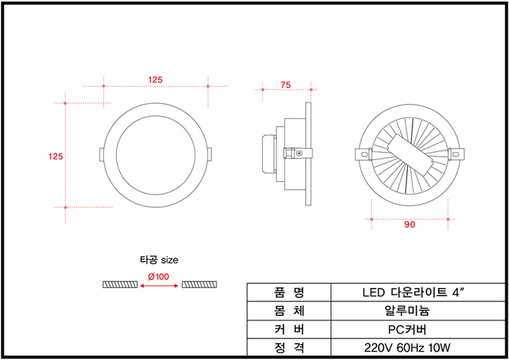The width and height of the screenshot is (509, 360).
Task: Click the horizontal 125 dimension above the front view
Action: pos(155,80)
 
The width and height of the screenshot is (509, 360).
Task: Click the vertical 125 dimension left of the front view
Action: pos(55,156)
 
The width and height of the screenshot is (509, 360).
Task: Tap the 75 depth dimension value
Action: pos(286,85)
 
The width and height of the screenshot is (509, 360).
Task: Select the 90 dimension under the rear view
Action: pos(409,225)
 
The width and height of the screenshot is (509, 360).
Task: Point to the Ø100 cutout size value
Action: pos(159,277)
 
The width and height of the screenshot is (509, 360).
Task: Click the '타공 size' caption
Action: pos(159,260)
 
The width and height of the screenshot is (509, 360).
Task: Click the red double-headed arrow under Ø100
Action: pos(159,286)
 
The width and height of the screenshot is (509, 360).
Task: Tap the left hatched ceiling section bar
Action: pos(120,284)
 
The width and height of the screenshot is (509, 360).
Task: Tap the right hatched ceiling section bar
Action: pos(199,284)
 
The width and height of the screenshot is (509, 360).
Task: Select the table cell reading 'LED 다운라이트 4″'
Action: pos(413,293)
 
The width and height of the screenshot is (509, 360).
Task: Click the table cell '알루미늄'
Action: pos(407,311)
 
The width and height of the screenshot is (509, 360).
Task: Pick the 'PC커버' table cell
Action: pos(407,329)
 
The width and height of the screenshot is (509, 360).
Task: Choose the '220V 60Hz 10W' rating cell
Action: pos(407,348)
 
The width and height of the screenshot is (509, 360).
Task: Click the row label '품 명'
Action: pos(289,293)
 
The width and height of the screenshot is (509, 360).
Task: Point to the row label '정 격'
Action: pos(289,348)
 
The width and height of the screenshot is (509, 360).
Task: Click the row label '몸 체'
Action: pos(289,311)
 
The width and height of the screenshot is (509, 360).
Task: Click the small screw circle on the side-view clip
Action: pos(299,153)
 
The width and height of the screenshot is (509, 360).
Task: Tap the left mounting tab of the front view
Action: pos(102,154)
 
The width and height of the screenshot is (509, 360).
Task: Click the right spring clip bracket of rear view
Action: pos(456,154)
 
